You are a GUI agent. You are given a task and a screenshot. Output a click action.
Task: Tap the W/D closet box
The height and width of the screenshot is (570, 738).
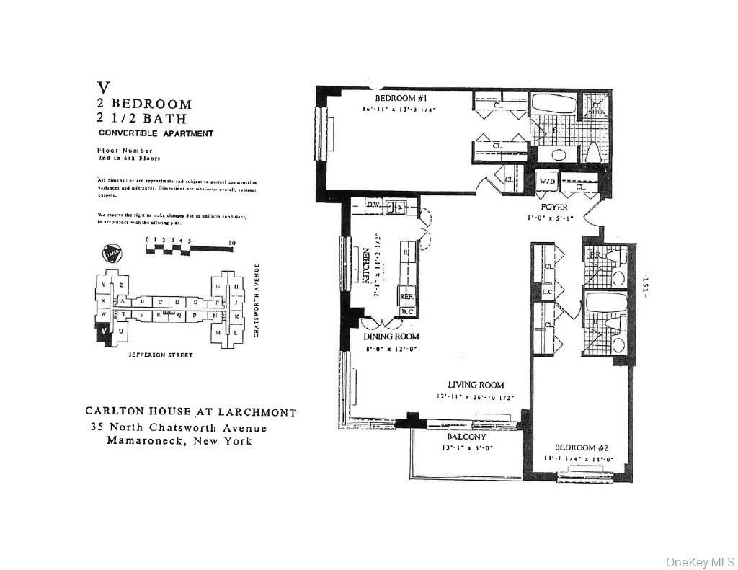click(x=547, y=182)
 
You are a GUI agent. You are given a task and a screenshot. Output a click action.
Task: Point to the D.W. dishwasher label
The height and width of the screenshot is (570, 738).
click(x=373, y=205)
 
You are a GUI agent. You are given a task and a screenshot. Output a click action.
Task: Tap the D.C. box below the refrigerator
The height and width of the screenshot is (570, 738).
click(x=407, y=311)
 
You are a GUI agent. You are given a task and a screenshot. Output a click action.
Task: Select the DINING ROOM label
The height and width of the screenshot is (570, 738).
click(x=391, y=337)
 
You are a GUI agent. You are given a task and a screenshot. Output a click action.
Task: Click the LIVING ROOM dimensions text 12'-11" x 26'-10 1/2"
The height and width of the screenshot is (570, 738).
click(x=475, y=397)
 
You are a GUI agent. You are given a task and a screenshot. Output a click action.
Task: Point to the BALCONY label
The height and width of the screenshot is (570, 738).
click(x=466, y=437)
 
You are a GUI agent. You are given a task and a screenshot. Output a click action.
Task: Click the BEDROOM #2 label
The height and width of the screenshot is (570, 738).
click(x=575, y=446)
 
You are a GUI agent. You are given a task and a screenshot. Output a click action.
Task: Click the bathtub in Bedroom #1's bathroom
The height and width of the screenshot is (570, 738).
click(x=553, y=105)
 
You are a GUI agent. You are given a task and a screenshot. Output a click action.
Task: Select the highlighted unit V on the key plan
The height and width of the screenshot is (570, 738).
click(x=105, y=331)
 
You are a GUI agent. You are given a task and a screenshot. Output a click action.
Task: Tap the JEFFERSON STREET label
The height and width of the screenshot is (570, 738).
click(x=160, y=355)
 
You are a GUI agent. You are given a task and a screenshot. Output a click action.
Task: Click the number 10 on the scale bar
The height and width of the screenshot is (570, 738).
click(x=231, y=243)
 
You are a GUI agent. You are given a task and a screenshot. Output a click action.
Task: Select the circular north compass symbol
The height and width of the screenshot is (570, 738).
click(x=111, y=253)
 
